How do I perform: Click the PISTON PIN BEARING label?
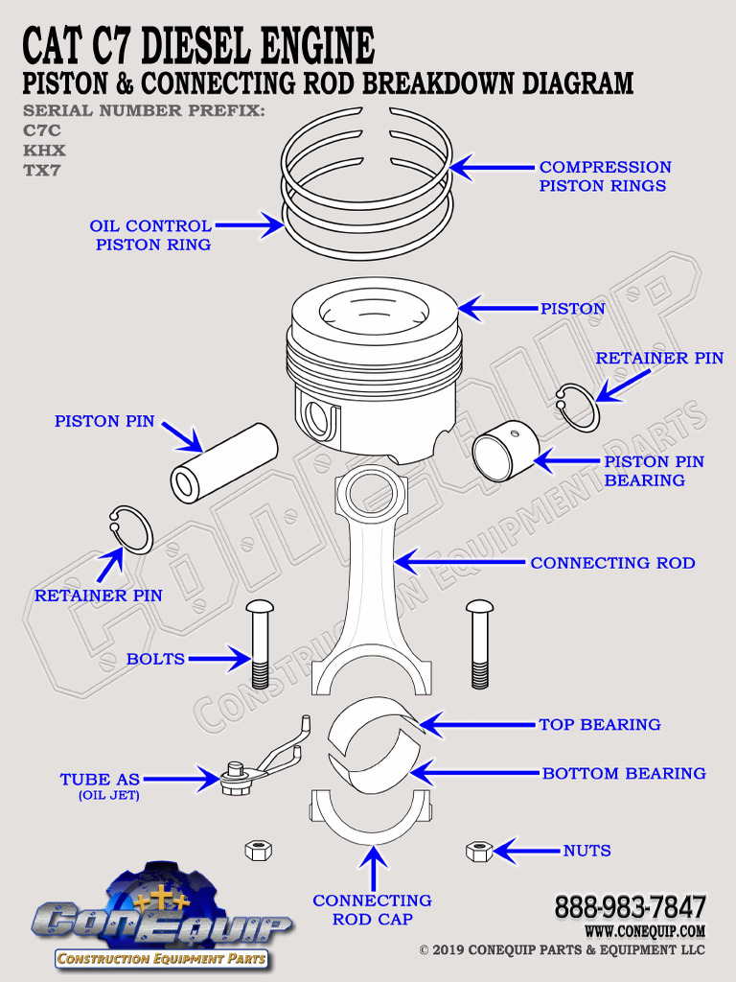[x=654, y=471]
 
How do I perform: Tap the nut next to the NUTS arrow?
[x=478, y=850]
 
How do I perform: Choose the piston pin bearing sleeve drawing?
[x=506, y=452]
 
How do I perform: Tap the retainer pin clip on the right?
[x=579, y=407]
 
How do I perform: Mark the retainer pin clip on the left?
[x=131, y=529]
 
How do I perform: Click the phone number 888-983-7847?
[x=630, y=907]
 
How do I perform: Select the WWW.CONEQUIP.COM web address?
[x=644, y=931]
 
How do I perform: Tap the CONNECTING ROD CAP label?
[x=372, y=910]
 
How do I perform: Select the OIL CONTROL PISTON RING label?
[x=151, y=235]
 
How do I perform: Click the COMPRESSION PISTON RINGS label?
[x=605, y=176]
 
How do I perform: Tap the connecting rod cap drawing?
[x=372, y=820]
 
